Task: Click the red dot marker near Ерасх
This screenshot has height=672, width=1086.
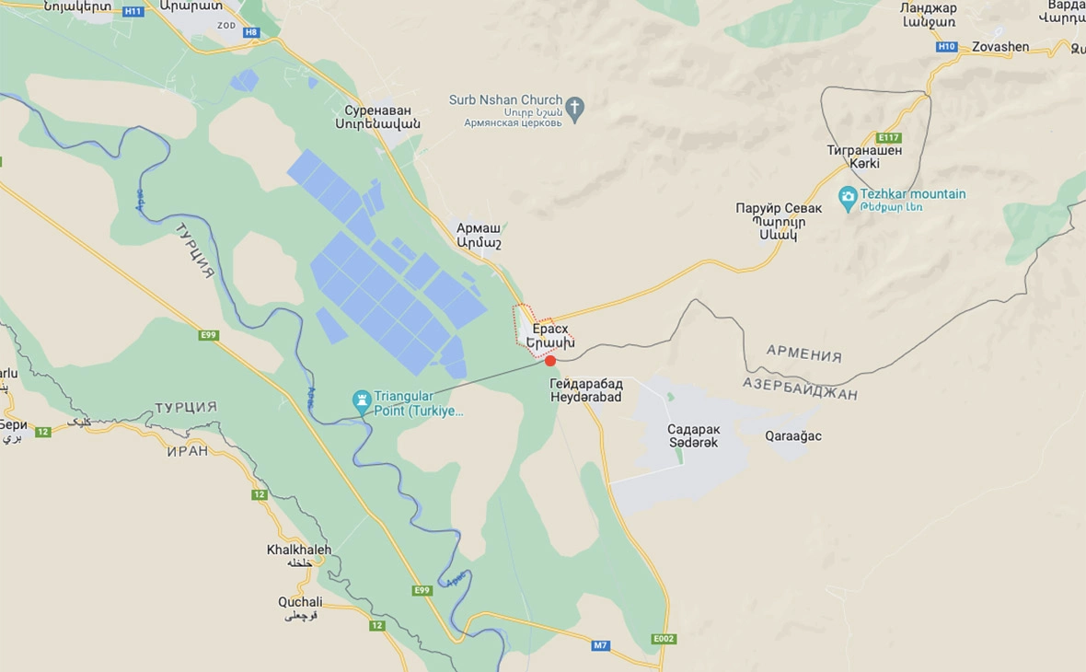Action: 550,361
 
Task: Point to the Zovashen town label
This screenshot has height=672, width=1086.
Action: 1000,47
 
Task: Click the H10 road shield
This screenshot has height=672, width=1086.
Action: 946,47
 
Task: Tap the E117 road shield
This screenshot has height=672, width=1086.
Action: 889,138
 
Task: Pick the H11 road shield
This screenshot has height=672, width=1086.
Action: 133,11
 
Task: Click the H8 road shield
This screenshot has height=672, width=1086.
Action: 251,32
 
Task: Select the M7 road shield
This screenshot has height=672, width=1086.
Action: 600,645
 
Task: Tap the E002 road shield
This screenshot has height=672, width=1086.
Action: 663,638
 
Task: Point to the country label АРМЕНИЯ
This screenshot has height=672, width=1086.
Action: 803,354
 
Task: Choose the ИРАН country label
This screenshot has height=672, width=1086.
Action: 188,451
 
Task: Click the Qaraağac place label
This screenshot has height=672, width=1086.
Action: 792,435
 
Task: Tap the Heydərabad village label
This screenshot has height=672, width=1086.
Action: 585,397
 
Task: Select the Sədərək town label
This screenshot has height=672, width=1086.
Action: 693,443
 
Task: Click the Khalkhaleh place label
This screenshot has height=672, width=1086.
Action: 299,550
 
